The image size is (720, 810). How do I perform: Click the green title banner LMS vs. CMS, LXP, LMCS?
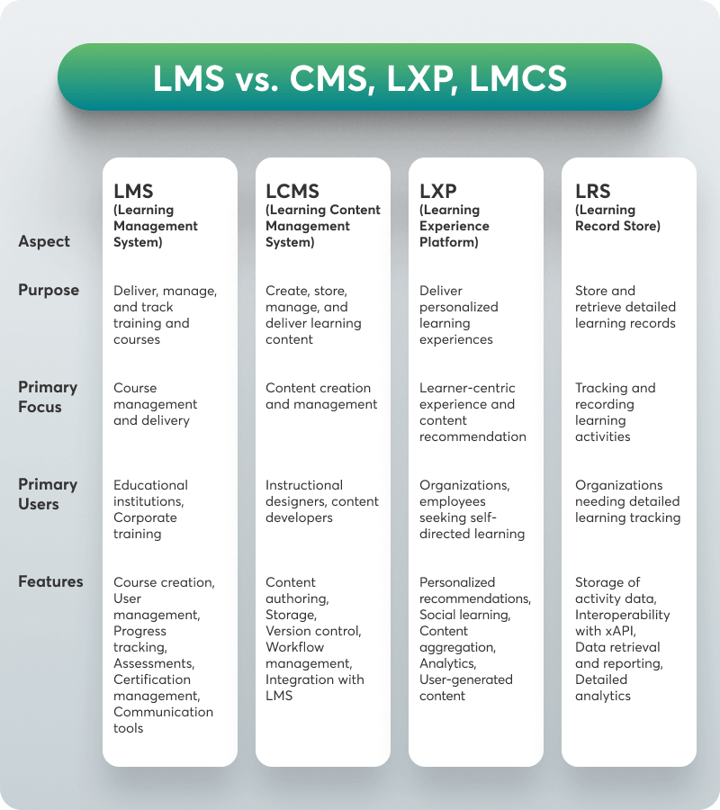(360, 77)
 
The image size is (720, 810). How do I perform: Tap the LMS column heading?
(133, 191)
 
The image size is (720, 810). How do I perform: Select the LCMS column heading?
(292, 191)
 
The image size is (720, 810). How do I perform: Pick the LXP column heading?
(438, 191)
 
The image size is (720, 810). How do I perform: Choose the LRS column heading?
(593, 191)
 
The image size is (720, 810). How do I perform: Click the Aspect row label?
(44, 241)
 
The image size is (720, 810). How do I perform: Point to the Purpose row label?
(49, 290)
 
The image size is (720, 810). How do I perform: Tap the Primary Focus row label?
(48, 397)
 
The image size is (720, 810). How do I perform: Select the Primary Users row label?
(48, 494)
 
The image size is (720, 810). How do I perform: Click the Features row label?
(50, 581)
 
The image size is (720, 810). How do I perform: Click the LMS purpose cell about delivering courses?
(165, 315)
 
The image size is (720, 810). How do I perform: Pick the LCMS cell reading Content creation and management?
(321, 396)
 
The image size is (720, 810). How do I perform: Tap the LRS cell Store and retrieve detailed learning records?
(625, 307)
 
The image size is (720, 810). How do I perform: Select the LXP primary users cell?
(472, 509)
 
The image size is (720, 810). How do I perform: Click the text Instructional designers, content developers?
(321, 501)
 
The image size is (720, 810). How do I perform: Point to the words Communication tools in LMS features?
(163, 720)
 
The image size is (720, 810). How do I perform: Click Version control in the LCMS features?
(312, 631)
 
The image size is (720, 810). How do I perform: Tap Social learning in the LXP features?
(464, 615)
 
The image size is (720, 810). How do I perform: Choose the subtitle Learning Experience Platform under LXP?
(454, 226)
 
